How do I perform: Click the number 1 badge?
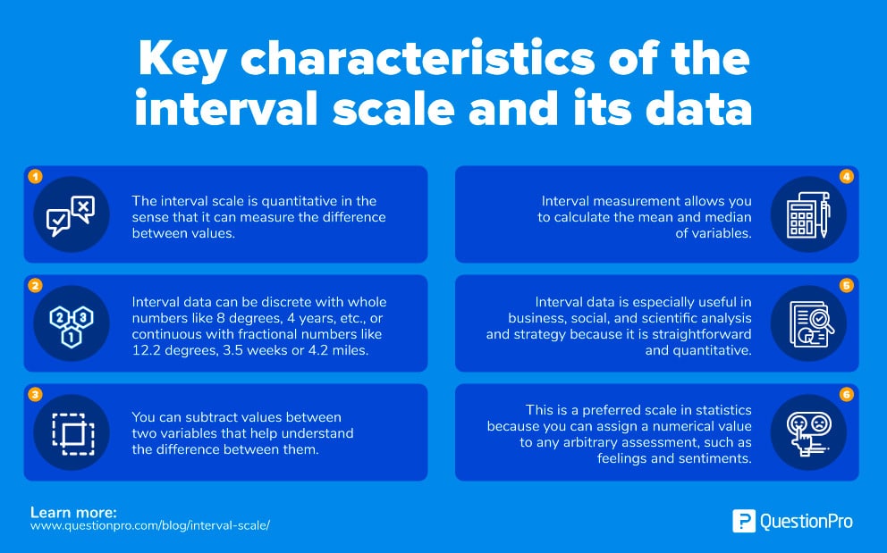click(35, 177)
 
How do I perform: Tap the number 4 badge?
click(847, 177)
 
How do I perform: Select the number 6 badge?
click(847, 394)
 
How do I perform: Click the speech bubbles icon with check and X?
click(71, 215)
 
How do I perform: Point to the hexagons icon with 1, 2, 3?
click(71, 323)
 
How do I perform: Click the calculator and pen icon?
click(808, 215)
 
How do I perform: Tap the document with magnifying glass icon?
click(808, 323)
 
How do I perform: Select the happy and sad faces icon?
click(808, 432)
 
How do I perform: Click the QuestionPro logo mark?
click(743, 521)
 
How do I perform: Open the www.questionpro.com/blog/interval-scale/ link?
click(150, 525)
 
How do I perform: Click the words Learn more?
click(73, 512)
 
